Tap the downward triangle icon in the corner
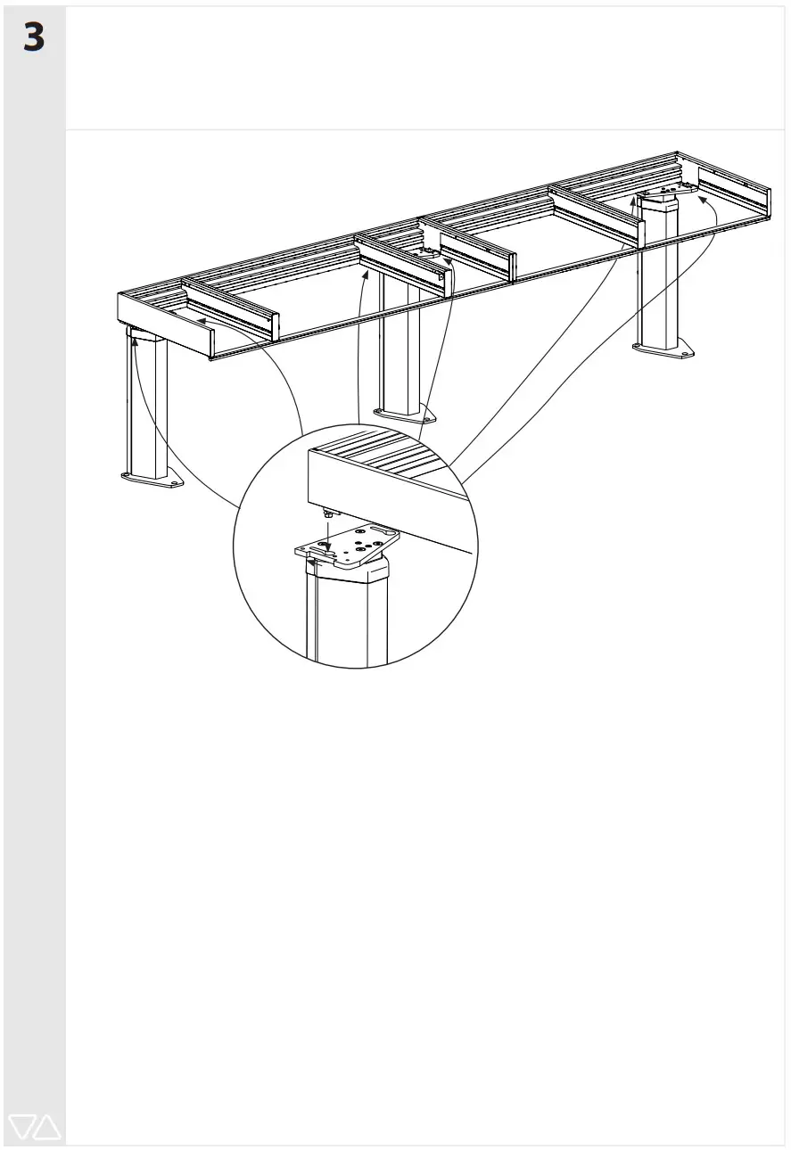21,1127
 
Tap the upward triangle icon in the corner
46,1127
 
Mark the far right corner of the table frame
768,189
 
